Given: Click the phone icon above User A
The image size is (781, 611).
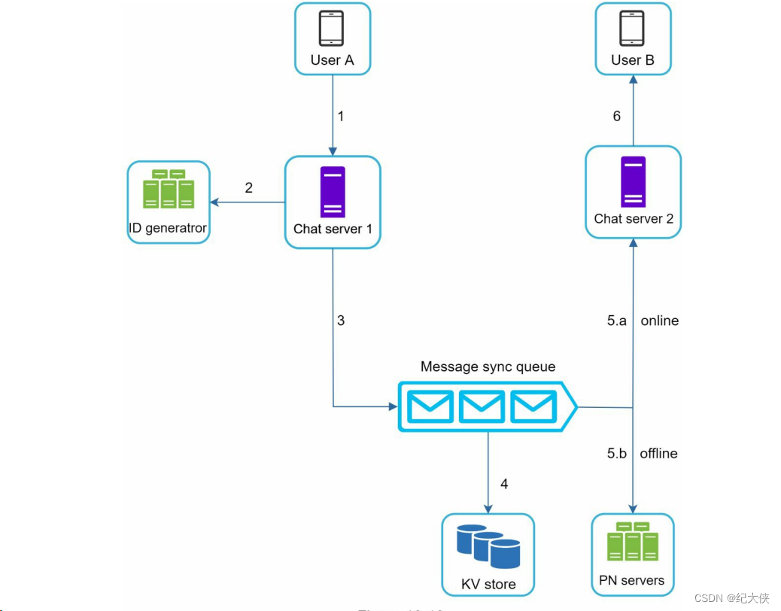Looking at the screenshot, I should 332,29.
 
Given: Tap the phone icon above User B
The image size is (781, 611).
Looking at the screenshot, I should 632,29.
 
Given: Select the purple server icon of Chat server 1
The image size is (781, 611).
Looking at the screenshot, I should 332,192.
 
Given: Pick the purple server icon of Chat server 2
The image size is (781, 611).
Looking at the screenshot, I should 633,181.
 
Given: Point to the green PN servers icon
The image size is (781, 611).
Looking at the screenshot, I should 632,542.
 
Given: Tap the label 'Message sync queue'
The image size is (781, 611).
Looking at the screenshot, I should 488,367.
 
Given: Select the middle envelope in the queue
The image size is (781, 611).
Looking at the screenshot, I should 482,407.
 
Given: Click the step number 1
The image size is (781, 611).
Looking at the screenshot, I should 341,117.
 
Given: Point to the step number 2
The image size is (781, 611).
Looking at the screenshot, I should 249,187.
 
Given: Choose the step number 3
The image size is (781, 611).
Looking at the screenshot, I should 341,321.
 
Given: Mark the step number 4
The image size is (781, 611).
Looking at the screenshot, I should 504,484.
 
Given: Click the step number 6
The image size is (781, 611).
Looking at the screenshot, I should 617,117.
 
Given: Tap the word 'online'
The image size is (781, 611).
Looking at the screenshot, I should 660,321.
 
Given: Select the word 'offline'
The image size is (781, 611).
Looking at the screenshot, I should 659,453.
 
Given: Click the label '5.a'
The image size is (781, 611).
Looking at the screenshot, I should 617,321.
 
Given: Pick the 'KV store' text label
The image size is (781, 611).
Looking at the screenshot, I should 488,584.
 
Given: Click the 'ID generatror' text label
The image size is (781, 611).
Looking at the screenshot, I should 167,228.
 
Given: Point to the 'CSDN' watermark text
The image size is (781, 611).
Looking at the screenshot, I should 707,598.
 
